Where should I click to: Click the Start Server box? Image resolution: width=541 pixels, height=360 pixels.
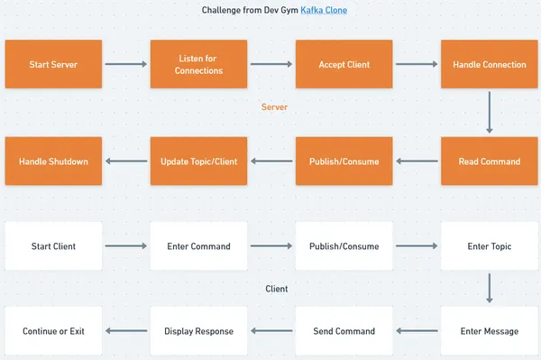[x=53, y=64]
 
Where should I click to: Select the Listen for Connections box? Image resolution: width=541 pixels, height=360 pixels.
[x=198, y=64]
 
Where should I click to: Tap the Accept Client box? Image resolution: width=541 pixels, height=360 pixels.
[x=344, y=64]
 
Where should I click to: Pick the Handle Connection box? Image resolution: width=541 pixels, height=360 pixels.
[x=489, y=64]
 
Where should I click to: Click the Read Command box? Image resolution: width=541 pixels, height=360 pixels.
[x=489, y=162]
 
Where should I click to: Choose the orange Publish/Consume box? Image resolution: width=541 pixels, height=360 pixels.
[x=344, y=162]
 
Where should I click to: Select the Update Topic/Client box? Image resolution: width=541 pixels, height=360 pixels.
[x=198, y=162]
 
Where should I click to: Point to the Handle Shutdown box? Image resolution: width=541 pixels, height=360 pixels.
[x=53, y=162]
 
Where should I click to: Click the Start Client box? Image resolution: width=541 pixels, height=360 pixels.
[x=53, y=245]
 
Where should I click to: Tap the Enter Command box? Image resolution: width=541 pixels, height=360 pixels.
[x=198, y=245]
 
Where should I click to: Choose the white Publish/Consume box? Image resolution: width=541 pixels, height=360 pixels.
[x=344, y=245]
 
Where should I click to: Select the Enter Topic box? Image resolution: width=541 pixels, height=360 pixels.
[x=489, y=245]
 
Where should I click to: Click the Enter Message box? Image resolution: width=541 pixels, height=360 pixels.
[x=489, y=331]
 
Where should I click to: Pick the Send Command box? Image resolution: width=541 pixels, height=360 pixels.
[x=344, y=331]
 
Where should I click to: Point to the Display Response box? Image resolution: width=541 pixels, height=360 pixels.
[x=198, y=331]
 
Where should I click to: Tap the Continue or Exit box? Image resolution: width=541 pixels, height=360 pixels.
[x=53, y=331]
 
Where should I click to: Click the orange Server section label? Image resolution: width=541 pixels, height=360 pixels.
[x=274, y=107]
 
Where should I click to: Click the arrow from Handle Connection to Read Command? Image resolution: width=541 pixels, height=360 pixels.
[x=489, y=113]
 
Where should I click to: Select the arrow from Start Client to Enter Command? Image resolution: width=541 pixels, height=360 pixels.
[x=126, y=245]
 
